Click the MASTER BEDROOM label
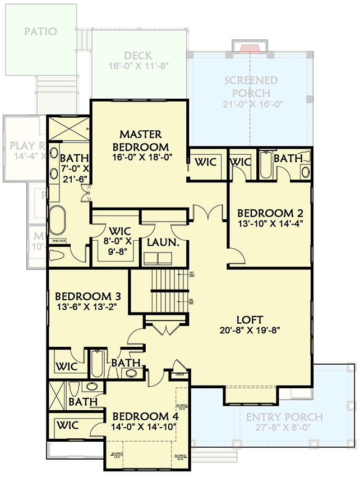[x=141, y=140]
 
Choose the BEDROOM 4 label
[x=141, y=416]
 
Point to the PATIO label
[x=40, y=31]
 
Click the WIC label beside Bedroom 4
[x=67, y=425]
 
